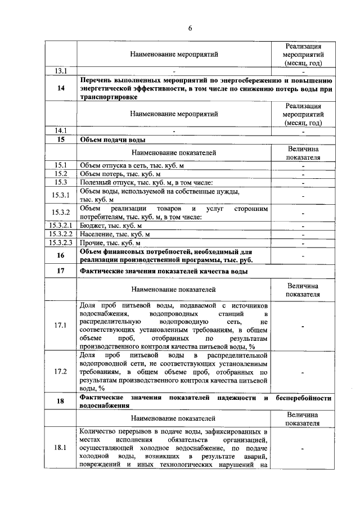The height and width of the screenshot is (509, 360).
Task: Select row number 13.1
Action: click(x=61, y=71)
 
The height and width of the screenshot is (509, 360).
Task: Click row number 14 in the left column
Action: click(x=61, y=88)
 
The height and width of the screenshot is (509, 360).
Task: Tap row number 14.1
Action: click(x=61, y=131)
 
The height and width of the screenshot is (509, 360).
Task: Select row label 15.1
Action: click(x=61, y=165)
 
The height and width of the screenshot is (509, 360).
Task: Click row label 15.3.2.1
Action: click(x=61, y=225)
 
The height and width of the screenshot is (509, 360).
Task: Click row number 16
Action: click(x=61, y=255)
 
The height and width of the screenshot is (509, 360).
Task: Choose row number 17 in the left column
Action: click(x=61, y=271)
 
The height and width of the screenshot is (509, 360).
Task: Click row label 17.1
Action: click(x=61, y=326)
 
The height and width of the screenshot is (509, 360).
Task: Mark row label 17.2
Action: click(x=61, y=371)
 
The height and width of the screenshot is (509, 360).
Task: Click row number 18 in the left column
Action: click(x=61, y=401)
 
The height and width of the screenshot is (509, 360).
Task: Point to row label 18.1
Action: click(x=61, y=448)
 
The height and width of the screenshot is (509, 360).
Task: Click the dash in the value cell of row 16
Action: click(x=303, y=255)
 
